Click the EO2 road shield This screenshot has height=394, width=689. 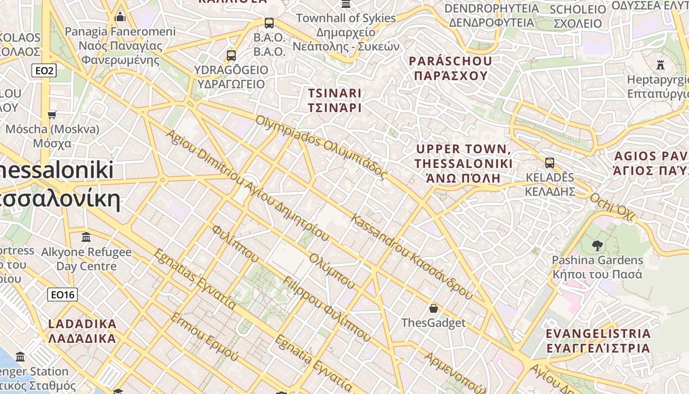coord(44,71)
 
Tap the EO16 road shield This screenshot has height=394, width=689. coord(63,295)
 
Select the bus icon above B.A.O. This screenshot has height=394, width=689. coord(269,23)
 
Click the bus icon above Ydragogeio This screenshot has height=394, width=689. coord(231,56)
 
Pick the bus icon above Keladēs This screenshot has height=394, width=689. coord(550,163)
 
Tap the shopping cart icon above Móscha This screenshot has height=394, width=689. coord(52,115)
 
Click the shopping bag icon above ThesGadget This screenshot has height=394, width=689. coord(433,308)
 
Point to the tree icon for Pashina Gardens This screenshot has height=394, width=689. coord(597,245)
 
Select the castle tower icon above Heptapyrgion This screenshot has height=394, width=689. coord(660,65)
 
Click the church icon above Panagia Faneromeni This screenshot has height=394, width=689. coord(120,18)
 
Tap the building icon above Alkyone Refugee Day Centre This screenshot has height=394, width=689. coord(86,237)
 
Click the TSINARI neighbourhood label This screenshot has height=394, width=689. coord(335,100)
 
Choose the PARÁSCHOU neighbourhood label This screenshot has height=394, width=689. coord(450,68)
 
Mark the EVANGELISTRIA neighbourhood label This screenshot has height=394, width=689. coord(598,341)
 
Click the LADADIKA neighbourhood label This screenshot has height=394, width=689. coord(82,331)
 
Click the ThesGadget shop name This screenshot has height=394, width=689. coord(433,323)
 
